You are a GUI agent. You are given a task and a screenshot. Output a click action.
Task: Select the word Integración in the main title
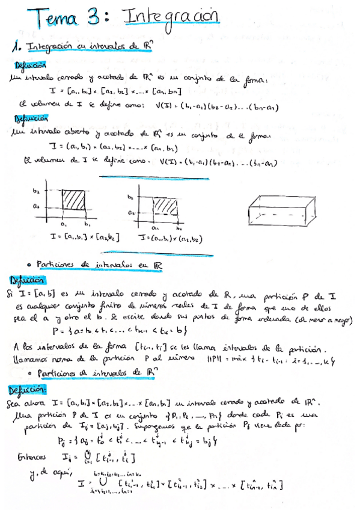(169, 17)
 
